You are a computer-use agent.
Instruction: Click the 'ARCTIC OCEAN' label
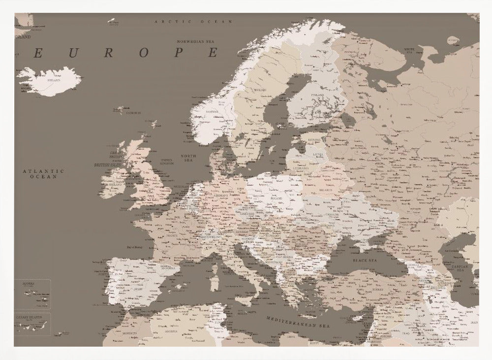pyautogui.click(x=193, y=22)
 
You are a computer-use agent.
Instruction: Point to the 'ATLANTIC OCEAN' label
pyautogui.click(x=43, y=173)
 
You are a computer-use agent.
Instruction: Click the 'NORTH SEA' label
pyautogui.click(x=188, y=158)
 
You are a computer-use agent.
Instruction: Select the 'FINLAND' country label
pyautogui.click(x=317, y=95)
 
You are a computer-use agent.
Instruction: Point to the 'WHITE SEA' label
pyautogui.click(x=409, y=50)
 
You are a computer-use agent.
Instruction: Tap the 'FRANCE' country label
pyautogui.click(x=171, y=236)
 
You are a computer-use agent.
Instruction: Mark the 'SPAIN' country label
pyautogui.click(x=138, y=289)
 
